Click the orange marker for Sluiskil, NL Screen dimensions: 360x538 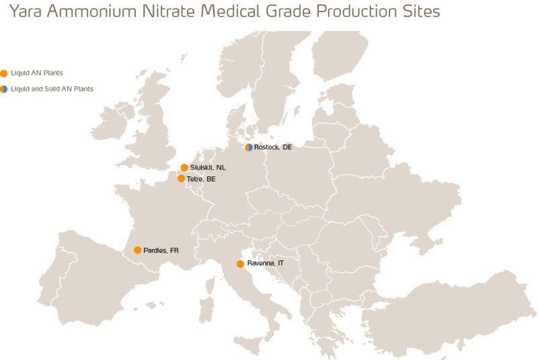click(184, 168)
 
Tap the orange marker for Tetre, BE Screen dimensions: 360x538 click(181, 178)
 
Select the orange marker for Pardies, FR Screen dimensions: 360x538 click(138, 250)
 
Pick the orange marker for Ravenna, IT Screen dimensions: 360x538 click(240, 264)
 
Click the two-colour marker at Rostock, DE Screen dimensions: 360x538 click(249, 147)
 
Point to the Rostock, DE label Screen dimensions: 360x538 click(273, 147)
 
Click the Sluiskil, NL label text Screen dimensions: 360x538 click(207, 168)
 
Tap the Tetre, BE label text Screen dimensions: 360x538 click(201, 179)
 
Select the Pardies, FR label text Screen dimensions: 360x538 click(161, 250)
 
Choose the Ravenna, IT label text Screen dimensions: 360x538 click(266, 264)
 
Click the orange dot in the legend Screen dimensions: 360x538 click(4, 73)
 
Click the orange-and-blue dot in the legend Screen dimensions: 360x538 click(4, 89)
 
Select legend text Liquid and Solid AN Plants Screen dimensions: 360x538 click(52, 89)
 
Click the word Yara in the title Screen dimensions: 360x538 click(26, 11)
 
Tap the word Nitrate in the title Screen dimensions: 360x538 click(162, 11)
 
